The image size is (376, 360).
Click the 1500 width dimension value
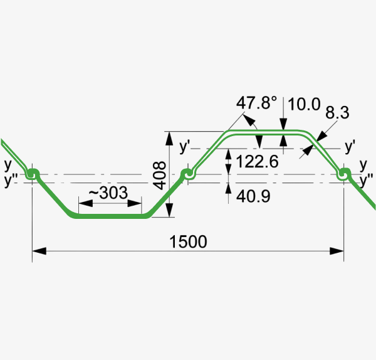point(188,241)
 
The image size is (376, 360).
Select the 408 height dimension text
point(159,176)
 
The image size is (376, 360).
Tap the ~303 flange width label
point(108,193)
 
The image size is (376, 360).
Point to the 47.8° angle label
point(256,103)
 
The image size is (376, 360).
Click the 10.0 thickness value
point(304,104)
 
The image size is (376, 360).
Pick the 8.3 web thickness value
point(337,112)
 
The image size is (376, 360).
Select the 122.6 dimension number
point(258,161)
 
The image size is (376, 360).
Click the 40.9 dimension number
point(253,196)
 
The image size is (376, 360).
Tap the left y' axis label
point(184,147)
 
